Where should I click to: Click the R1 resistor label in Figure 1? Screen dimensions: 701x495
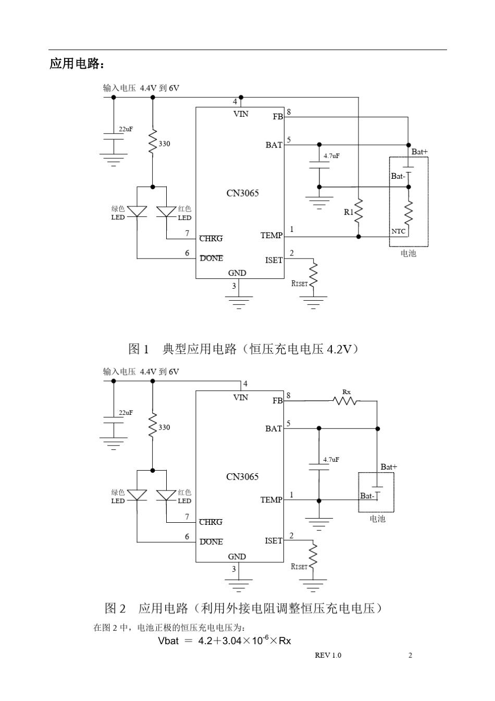(349, 212)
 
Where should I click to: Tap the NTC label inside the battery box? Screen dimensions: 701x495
(398, 231)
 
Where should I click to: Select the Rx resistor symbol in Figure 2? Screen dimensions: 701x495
(345, 401)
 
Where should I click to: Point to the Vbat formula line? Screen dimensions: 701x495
(224, 640)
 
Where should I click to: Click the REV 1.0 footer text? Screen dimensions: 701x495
(328, 655)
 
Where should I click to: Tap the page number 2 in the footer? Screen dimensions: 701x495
(410, 655)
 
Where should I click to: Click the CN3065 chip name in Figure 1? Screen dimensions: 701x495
(242, 193)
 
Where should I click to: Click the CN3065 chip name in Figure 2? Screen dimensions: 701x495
(242, 476)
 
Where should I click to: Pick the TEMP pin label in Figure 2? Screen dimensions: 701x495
(271, 500)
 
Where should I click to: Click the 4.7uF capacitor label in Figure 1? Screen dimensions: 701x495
(331, 155)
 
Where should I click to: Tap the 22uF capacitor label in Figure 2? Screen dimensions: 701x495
(126, 412)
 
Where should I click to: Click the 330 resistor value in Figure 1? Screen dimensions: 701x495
(164, 144)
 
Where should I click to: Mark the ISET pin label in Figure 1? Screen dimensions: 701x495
(274, 260)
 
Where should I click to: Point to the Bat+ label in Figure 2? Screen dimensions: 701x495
(388, 467)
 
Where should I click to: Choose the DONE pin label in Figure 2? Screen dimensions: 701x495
(211, 542)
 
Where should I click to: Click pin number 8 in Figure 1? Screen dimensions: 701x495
(289, 112)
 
